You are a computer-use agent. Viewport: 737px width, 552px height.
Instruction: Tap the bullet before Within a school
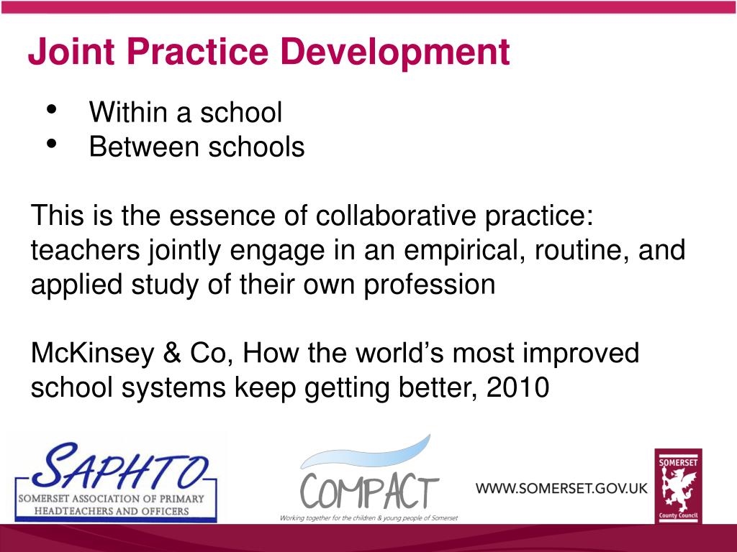pos(52,110)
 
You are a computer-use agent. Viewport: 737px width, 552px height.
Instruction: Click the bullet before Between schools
pos(52,144)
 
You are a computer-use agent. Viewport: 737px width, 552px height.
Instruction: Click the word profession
pos(430,285)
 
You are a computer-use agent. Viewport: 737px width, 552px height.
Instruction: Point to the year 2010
pos(517,388)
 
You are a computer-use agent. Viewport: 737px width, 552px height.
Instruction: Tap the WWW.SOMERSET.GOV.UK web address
pos(561,488)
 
